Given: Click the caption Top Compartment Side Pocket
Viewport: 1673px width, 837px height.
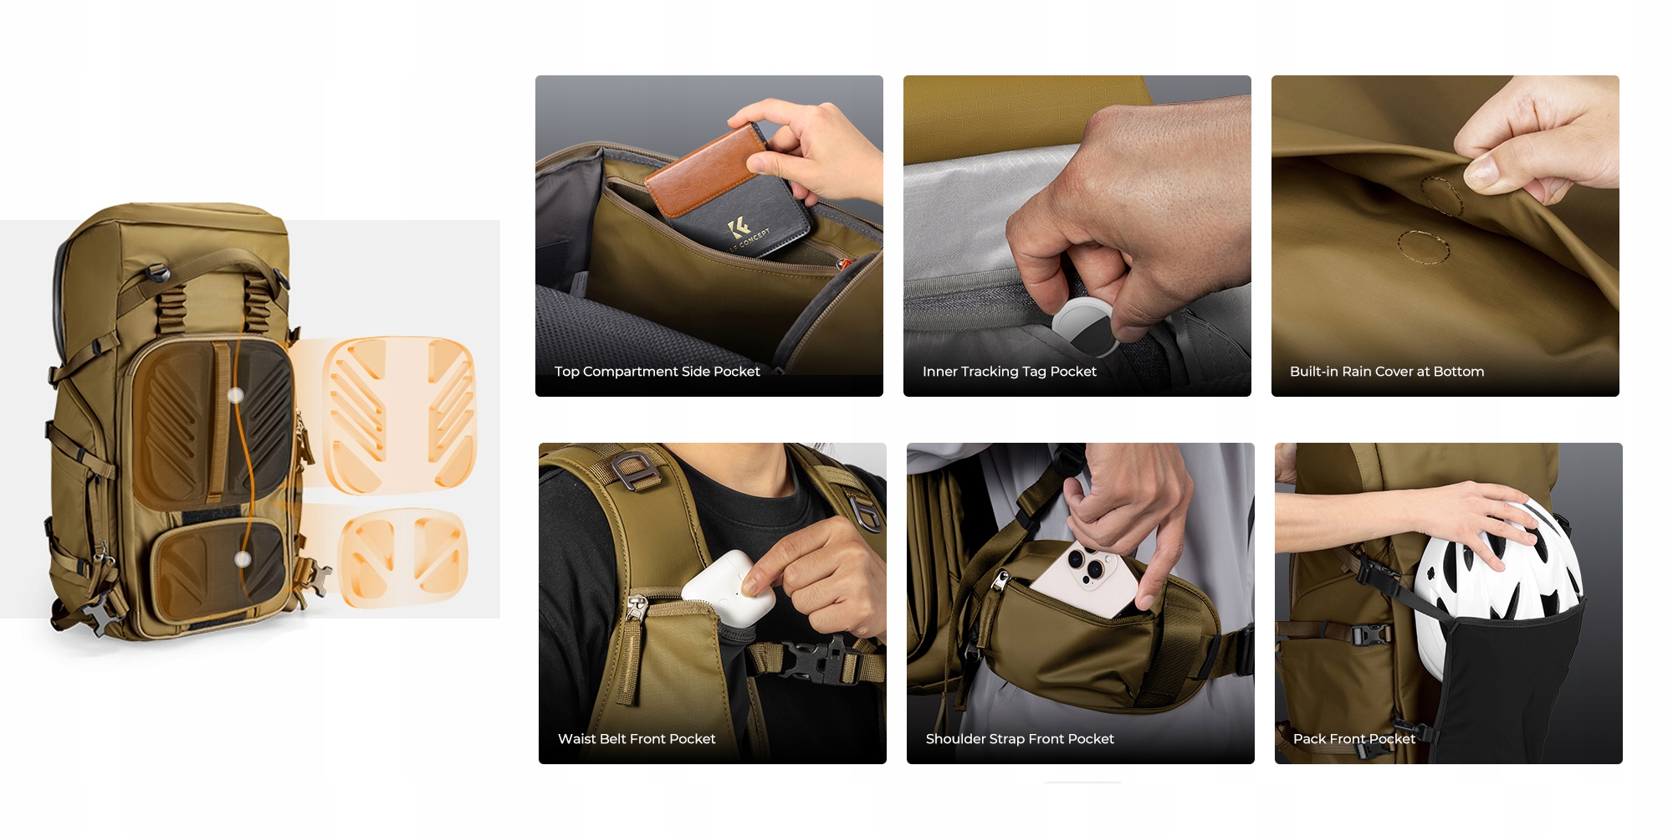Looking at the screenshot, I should coord(657,372).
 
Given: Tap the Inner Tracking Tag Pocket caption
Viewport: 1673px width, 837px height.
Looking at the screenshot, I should coord(1009,372).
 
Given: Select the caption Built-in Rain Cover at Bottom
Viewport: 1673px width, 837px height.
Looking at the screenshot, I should coord(1387,372).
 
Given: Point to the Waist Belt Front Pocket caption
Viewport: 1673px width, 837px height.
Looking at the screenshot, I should coord(637,739).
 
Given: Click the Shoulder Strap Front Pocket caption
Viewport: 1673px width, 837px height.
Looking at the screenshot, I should coord(1020,739).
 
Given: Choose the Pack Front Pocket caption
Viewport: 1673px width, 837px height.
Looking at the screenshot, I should coord(1354,739).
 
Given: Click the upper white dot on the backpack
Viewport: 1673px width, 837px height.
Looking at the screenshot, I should coord(236,395).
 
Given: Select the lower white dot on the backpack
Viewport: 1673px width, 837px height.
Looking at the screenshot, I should coord(243,559).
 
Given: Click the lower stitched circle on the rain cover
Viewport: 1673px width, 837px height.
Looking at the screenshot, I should coord(1422,246).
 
